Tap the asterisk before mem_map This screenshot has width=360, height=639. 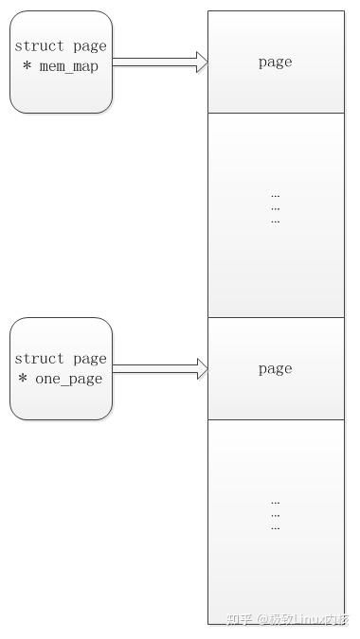(x=27, y=66)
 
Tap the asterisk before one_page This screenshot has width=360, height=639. (x=24, y=379)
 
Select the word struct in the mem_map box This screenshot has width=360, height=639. (x=40, y=46)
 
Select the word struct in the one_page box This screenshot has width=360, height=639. (x=40, y=359)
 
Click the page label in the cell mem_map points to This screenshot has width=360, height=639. (x=275, y=62)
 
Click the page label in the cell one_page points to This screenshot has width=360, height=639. (x=275, y=369)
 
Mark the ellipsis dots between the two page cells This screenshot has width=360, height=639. (x=275, y=207)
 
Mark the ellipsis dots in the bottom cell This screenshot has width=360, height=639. (x=275, y=514)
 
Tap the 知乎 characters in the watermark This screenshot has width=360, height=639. (x=238, y=620)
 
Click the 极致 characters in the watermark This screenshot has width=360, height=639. (x=281, y=620)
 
